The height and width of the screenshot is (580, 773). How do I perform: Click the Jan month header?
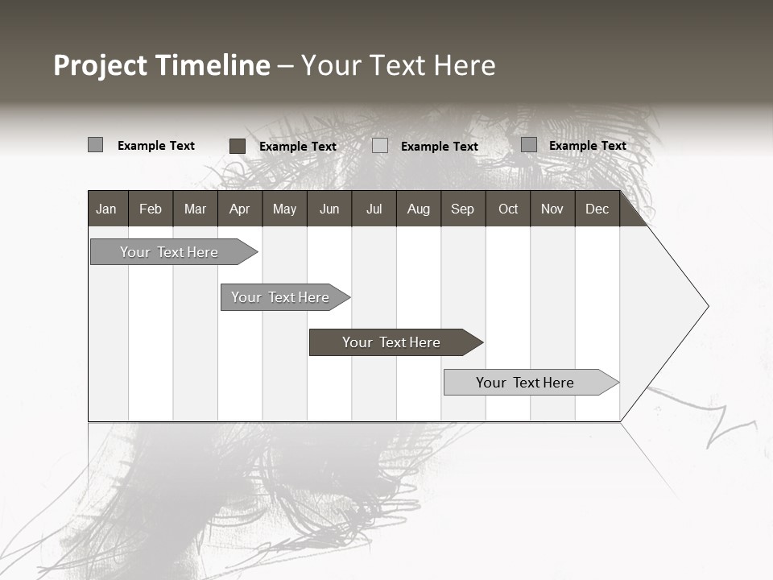[x=106, y=209]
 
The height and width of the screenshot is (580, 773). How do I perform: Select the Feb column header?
[x=151, y=209]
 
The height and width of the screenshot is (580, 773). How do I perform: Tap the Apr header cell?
[x=239, y=209]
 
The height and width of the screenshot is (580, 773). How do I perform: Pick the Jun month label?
[x=329, y=209]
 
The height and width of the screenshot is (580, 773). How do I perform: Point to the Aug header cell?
[x=418, y=209]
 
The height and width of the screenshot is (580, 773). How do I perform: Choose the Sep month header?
[x=462, y=209]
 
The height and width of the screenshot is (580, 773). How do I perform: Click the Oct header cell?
[x=508, y=209]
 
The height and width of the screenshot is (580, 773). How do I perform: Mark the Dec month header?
[x=597, y=209]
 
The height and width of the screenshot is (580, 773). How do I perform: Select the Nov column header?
[x=552, y=209]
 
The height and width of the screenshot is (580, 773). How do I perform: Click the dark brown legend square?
[x=238, y=146]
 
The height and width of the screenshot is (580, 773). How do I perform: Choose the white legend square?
[x=380, y=146]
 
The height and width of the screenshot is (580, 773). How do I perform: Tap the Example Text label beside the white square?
[x=439, y=147]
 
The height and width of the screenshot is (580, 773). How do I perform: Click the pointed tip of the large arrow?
[x=706, y=306]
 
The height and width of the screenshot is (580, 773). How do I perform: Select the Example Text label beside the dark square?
[x=297, y=147]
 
